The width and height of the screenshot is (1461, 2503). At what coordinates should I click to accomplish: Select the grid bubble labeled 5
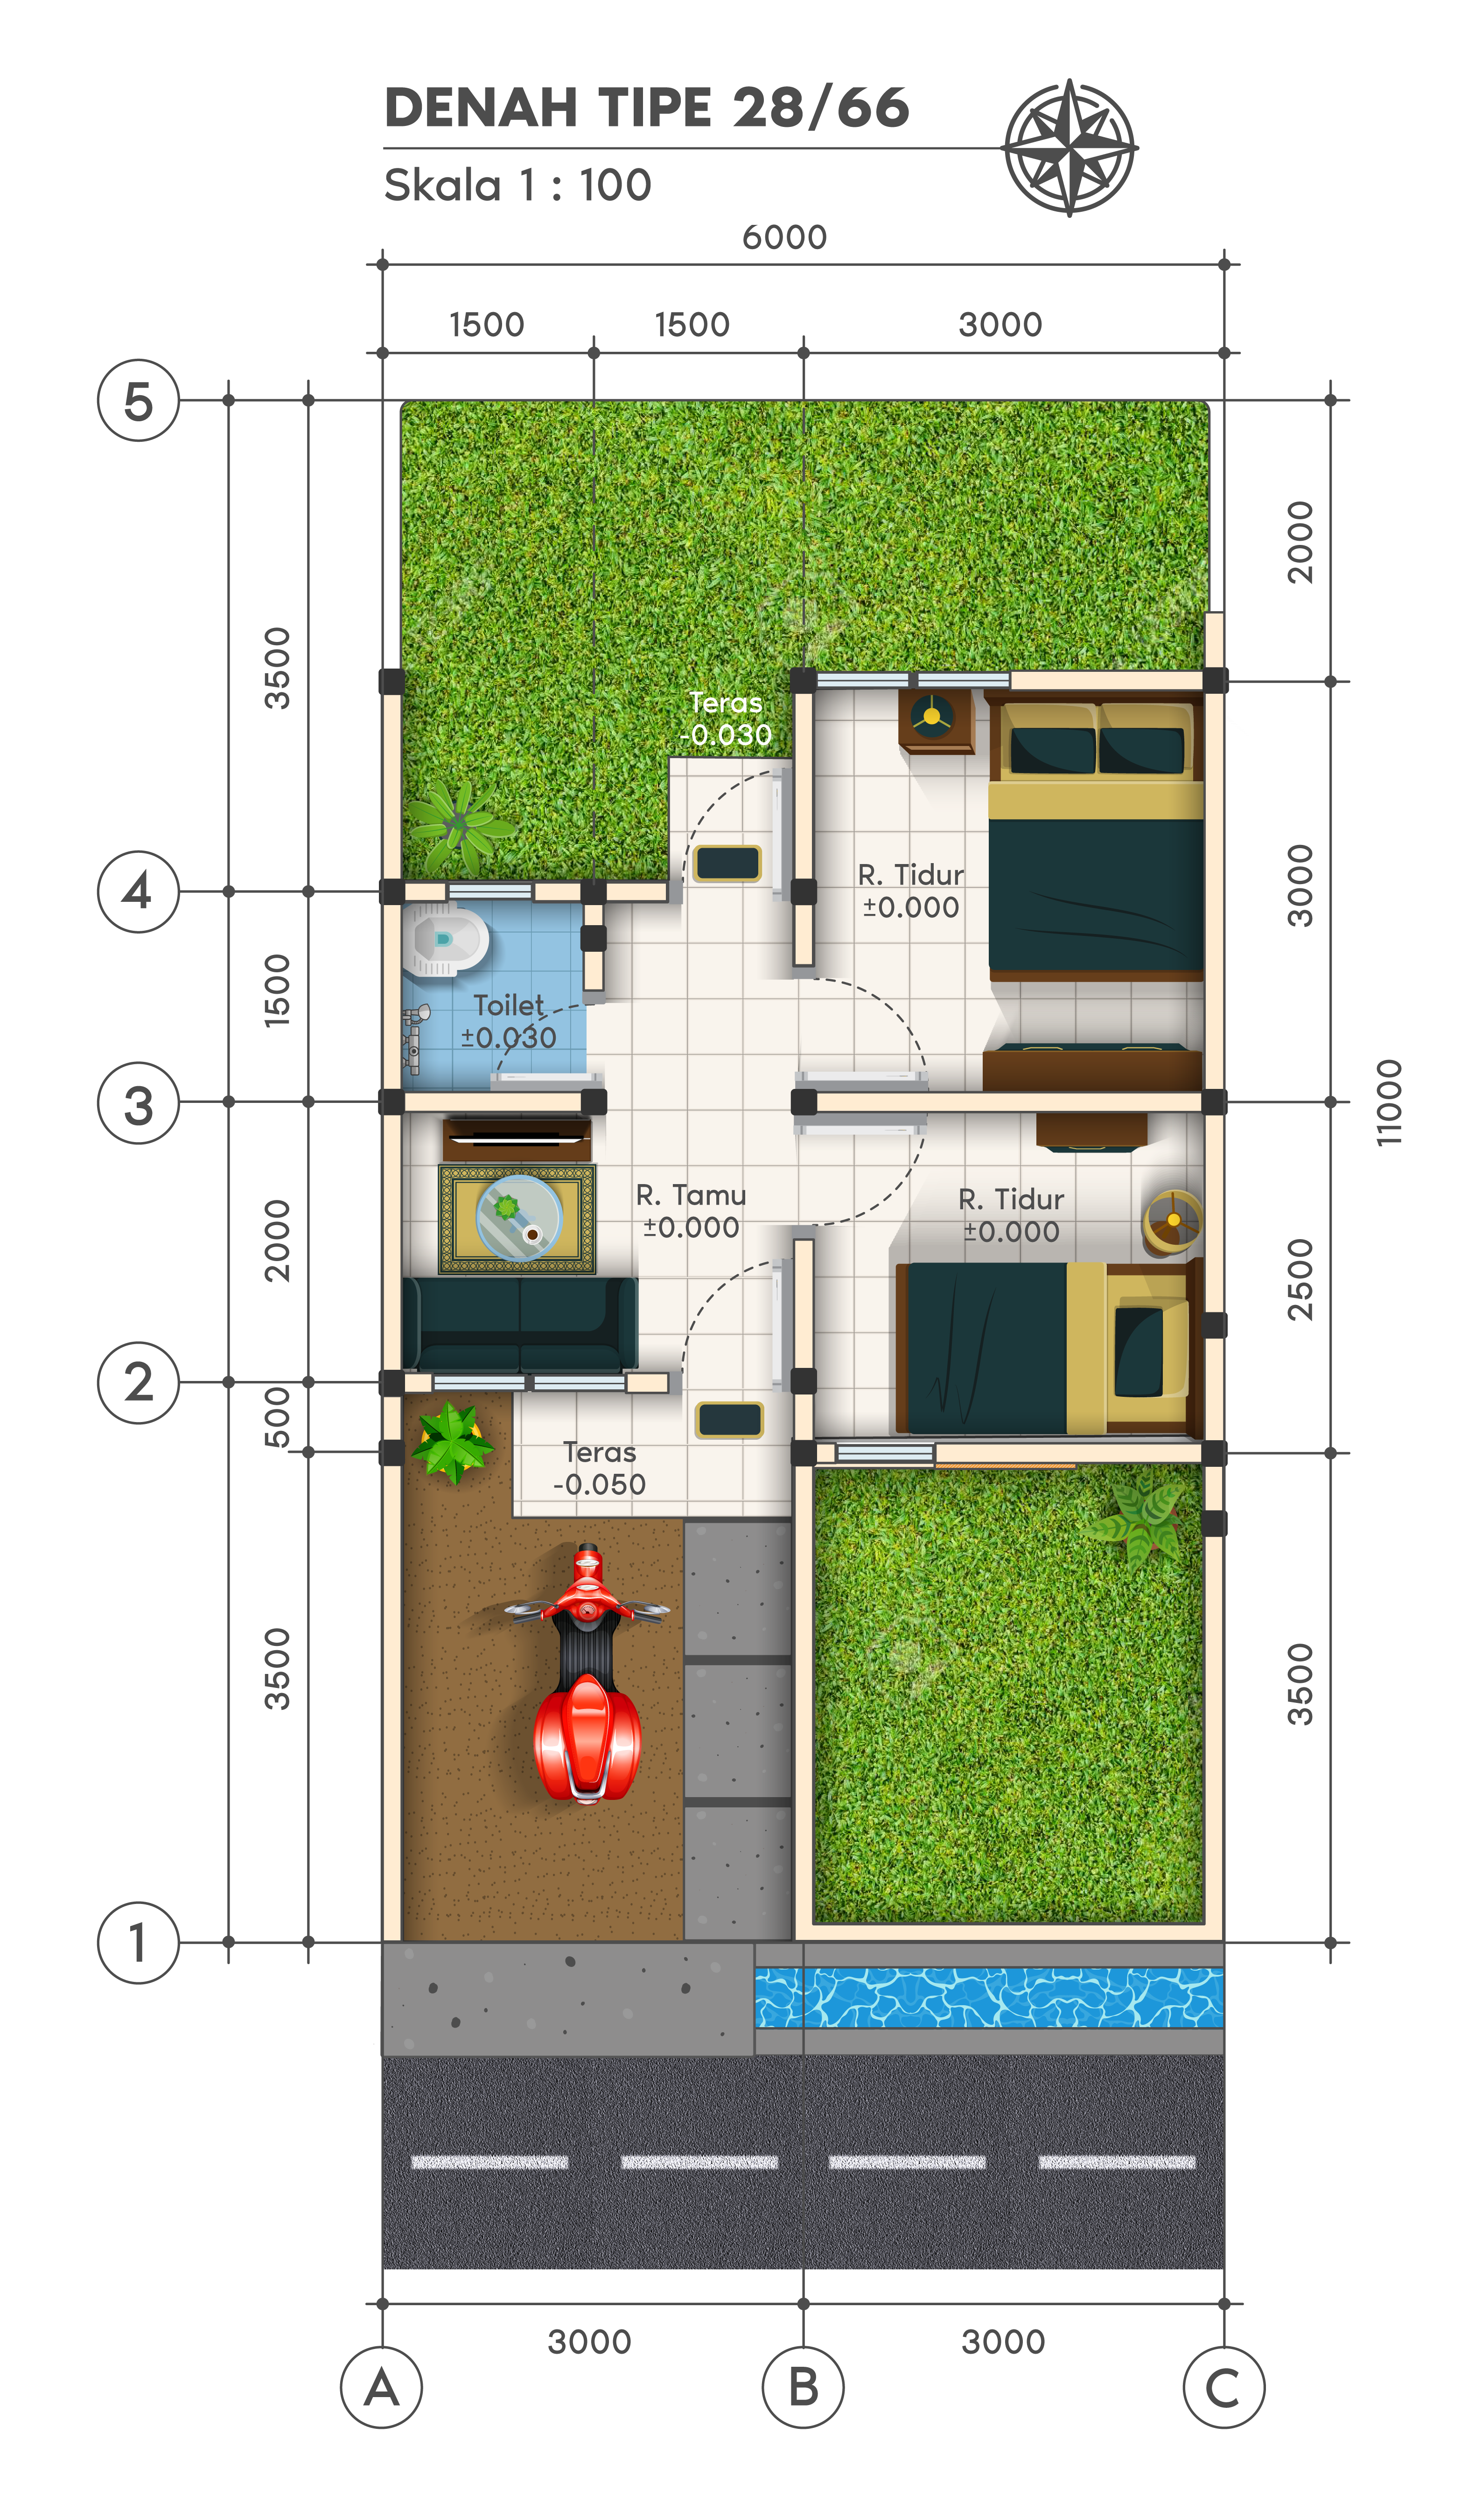[138, 400]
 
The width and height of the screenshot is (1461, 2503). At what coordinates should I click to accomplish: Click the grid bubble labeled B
[803, 2387]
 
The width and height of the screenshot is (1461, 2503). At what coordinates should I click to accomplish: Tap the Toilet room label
[509, 1020]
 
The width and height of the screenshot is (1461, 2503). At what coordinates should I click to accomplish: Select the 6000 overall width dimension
[785, 237]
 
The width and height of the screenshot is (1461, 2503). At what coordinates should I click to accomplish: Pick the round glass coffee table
[518, 1218]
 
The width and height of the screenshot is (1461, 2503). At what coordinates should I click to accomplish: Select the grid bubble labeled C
[1223, 2387]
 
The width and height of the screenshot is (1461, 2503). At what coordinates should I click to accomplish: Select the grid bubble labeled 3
[138, 1102]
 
